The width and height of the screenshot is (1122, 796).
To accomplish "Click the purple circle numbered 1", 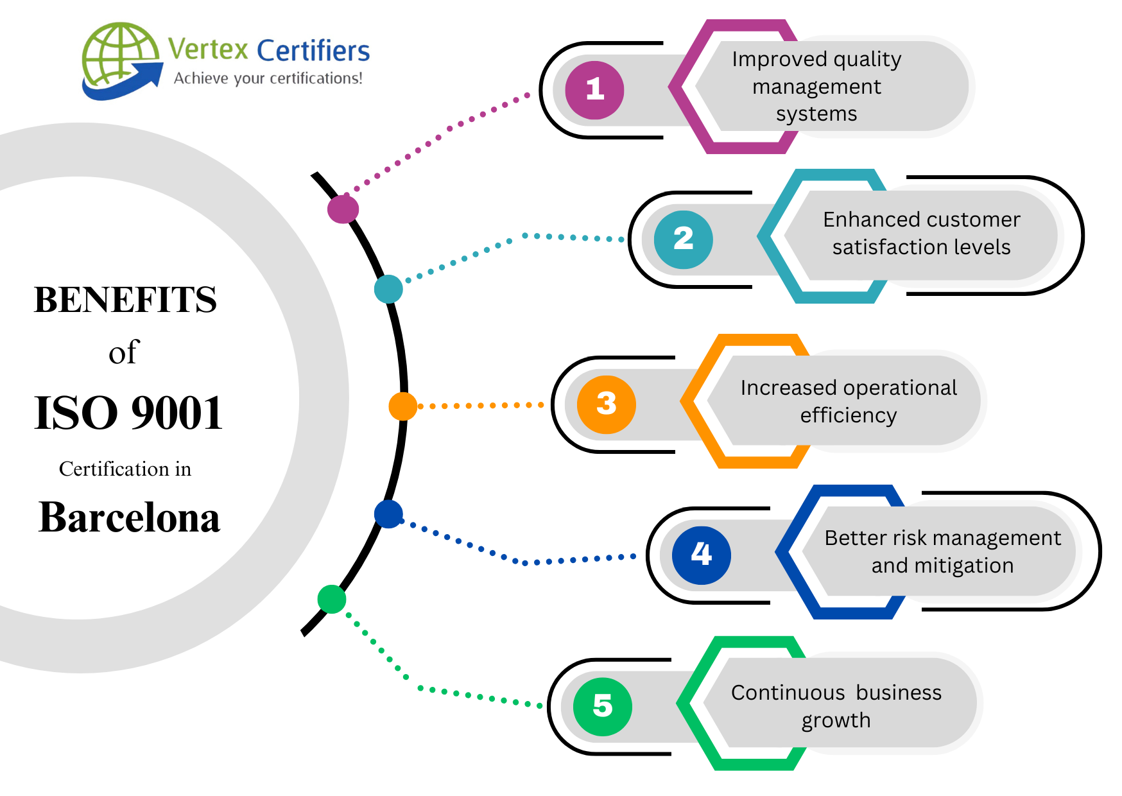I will (594, 90).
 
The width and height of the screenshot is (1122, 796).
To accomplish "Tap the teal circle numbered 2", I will (683, 239).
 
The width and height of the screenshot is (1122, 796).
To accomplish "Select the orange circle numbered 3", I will (606, 404).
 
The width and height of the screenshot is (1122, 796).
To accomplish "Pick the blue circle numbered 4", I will (701, 555).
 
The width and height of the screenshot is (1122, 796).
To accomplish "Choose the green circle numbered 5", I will (602, 706).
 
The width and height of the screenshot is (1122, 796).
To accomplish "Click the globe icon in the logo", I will (121, 59).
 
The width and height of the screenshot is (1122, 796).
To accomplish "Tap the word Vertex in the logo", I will (208, 49).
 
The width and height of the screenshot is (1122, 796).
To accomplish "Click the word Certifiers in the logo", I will (313, 51).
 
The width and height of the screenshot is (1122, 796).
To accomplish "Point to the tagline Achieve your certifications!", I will (268, 78).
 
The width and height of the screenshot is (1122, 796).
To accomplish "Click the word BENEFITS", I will (125, 300).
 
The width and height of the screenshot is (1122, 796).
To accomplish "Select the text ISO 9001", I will (128, 413).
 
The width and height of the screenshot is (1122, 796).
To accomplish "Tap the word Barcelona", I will (129, 517).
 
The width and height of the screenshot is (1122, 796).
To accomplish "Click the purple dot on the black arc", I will (343, 209).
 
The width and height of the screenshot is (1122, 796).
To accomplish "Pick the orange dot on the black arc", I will (402, 406).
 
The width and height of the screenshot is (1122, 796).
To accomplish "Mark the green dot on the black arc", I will (332, 599).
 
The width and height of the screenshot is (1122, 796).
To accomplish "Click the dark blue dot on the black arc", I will (388, 514).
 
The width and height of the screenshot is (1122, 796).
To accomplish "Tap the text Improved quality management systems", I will (816, 86).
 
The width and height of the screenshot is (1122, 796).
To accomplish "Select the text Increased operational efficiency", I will (848, 401).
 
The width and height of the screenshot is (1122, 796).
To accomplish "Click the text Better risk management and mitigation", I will (942, 551).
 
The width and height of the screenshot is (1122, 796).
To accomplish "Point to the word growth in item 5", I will (836, 720).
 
